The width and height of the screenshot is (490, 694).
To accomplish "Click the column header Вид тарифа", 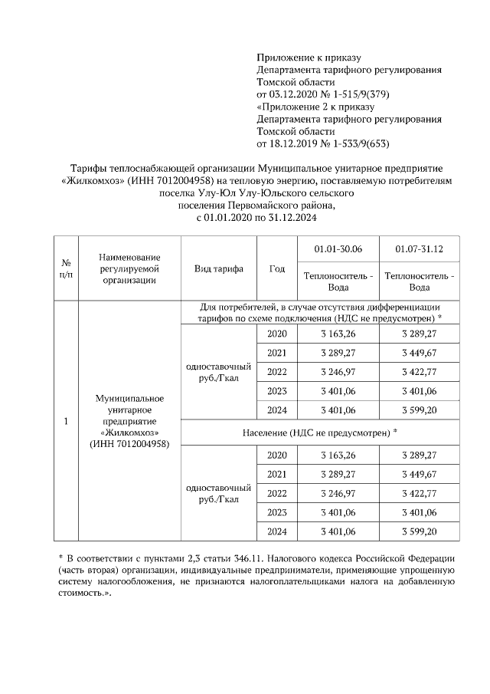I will [217, 268].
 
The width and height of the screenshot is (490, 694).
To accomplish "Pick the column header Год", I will [277, 268].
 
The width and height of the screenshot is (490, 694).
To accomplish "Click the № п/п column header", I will [66, 268].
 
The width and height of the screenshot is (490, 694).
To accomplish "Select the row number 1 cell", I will [66, 422].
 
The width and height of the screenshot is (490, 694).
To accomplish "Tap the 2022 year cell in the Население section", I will [277, 492].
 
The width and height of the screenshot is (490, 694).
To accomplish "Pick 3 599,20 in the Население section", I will [419, 531].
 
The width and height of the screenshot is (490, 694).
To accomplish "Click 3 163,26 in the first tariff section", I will [338, 334].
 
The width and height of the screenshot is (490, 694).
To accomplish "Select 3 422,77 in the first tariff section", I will [419, 372].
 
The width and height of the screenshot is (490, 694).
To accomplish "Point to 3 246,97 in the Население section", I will [338, 492].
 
